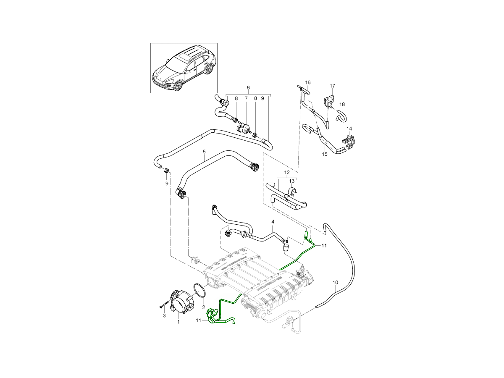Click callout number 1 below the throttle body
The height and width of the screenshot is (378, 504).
pyautogui.click(x=178, y=322)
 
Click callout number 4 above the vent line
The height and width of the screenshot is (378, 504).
pyautogui.click(x=273, y=221)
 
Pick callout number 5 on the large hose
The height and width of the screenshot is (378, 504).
pyautogui.click(x=204, y=151)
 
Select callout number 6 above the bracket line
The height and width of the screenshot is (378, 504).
pyautogui.click(x=248, y=88)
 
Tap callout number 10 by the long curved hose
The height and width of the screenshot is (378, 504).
pyautogui.click(x=335, y=282)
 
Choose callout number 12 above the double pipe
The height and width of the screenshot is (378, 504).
pyautogui.click(x=287, y=173)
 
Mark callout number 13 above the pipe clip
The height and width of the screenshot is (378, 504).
pyautogui.click(x=291, y=181)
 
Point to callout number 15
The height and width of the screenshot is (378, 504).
pyautogui.click(x=325, y=154)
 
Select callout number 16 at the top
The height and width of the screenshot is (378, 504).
pyautogui.click(x=307, y=82)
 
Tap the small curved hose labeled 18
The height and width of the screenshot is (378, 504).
pyautogui.click(x=341, y=114)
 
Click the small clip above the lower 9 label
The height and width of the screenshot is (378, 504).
pyautogui.click(x=166, y=171)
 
